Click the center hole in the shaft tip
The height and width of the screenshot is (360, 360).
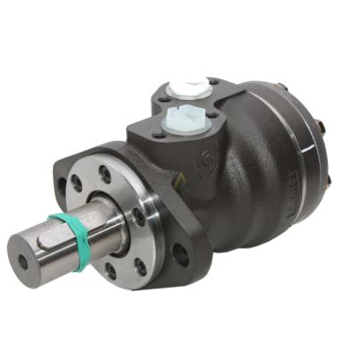pyautogui.click(x=22, y=261)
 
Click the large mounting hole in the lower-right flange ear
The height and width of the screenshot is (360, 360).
pyautogui.click(x=181, y=258)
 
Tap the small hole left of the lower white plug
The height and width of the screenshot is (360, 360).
pyautogui.click(x=159, y=126)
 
